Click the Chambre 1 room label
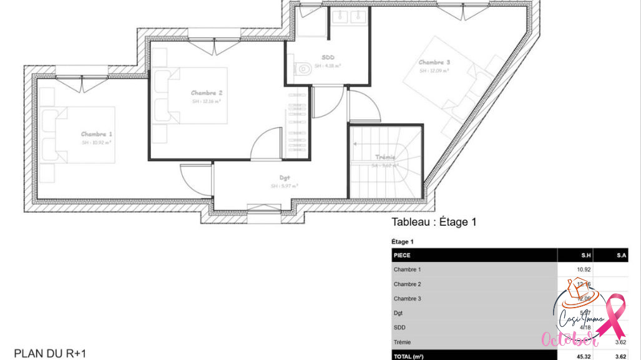pyautogui.click(x=97, y=134)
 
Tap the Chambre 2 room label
pyautogui.click(x=206, y=93)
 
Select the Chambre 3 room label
pyautogui.click(x=434, y=62)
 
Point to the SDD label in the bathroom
pyautogui.click(x=328, y=56)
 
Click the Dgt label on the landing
pyautogui.click(x=284, y=177)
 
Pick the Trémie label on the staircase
pyautogui.click(x=385, y=157)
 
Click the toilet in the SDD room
pyautogui.click(x=303, y=69)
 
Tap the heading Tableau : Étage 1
pyautogui.click(x=434, y=222)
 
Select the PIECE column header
pyautogui.click(x=403, y=255)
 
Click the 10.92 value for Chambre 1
pyautogui.click(x=584, y=270)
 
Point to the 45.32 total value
pyautogui.click(x=584, y=356)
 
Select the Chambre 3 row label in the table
pyautogui.click(x=407, y=298)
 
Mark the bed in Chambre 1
pyautogui.click(x=78, y=134)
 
